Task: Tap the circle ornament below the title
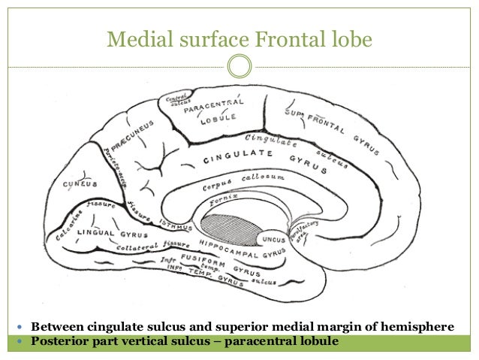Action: tap(239, 66)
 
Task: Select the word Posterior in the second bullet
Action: tap(59, 342)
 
